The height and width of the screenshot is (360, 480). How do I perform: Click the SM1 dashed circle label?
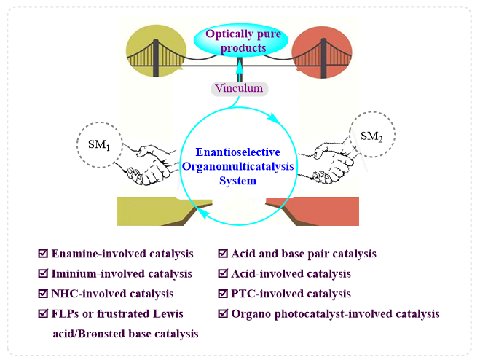coord(99,144)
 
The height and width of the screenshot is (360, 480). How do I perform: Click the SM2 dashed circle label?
coord(372,135)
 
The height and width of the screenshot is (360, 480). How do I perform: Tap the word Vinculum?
coord(239,88)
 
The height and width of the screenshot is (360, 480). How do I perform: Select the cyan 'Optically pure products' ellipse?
coord(241,41)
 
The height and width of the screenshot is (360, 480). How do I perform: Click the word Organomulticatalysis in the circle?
coord(238,166)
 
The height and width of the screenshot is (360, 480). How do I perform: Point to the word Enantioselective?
coord(238,152)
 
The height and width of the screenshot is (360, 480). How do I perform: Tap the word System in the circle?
coord(238,181)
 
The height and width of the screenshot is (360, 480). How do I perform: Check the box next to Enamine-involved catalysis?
coord(43,253)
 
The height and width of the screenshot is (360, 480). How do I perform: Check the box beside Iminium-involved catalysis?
coord(43,273)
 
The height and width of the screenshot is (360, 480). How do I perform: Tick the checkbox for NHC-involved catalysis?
coord(43,293)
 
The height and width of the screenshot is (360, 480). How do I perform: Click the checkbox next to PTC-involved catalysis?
coord(223,293)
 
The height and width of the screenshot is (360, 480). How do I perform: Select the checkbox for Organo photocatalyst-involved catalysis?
coord(223,313)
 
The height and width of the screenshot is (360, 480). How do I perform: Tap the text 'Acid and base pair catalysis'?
coord(304,254)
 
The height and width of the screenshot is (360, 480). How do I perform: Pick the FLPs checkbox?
coord(43,313)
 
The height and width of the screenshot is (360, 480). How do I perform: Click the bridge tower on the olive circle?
coord(156,58)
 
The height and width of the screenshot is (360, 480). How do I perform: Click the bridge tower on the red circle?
coord(323,58)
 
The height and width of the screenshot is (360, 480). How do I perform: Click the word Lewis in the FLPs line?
coord(168,314)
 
